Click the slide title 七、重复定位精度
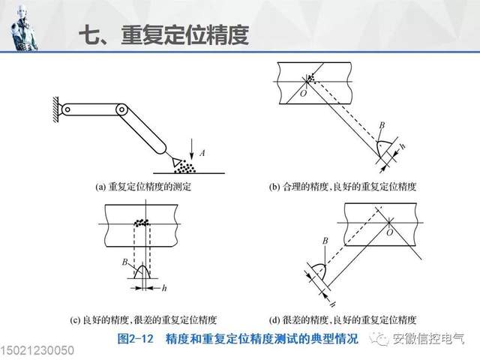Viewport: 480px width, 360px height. click(x=163, y=35)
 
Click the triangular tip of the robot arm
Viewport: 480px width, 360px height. click(x=176, y=160)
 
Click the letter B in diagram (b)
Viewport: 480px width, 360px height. click(x=382, y=124)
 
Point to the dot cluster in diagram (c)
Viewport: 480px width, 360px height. click(x=141, y=222)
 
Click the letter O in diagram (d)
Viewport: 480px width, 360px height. click(x=388, y=232)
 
